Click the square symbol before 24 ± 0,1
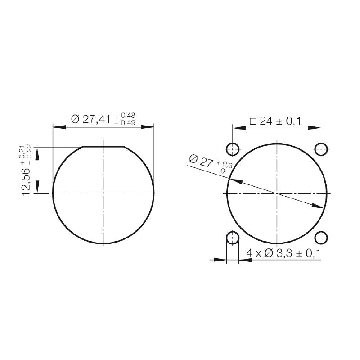pyautogui.click(x=253, y=121)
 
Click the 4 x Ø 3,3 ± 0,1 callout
pyautogui.click(x=283, y=253)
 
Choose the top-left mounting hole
pyautogui.click(x=233, y=148)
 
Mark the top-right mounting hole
pyautogui.click(x=321, y=148)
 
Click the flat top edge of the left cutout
pyautogui.click(x=103, y=147)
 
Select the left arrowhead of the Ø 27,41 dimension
pyautogui.click(x=58, y=127)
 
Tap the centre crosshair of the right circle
pyautogui.click(x=277, y=193)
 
